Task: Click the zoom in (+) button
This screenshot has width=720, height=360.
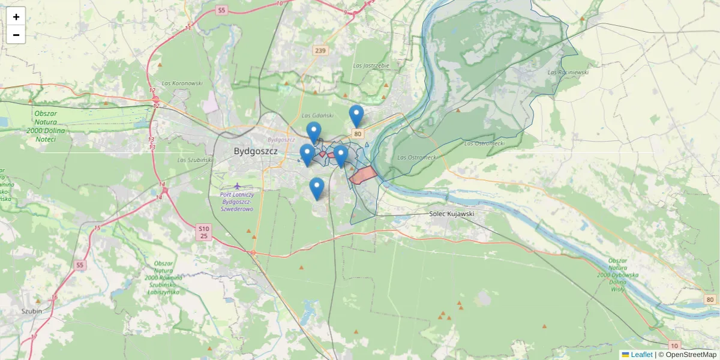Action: [x=16, y=17]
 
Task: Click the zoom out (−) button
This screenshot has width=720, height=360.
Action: [x=16, y=35]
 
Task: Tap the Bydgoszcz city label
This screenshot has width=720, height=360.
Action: [x=256, y=151]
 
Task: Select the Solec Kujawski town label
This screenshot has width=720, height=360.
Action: [x=452, y=214]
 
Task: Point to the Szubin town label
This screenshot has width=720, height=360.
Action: [x=31, y=311]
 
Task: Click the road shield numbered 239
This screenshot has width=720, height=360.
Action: [x=320, y=51]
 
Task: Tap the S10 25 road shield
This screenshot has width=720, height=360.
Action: [x=204, y=232]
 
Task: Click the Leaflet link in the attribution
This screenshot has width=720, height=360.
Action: [x=641, y=355]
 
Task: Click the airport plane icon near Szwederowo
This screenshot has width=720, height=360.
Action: [x=238, y=185]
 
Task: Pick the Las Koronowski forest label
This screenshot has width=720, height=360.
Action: [x=182, y=83]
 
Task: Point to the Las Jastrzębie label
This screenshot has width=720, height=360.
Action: [x=371, y=65]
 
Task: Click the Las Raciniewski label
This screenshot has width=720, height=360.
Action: [x=568, y=72]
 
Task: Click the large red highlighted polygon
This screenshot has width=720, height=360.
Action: [x=364, y=175]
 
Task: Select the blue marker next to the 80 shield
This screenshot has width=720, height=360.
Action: [x=356, y=116]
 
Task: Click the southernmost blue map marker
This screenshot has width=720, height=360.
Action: [x=317, y=188]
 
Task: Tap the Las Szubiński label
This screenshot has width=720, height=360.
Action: [x=196, y=160]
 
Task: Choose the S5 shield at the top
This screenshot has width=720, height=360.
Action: [x=222, y=10]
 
